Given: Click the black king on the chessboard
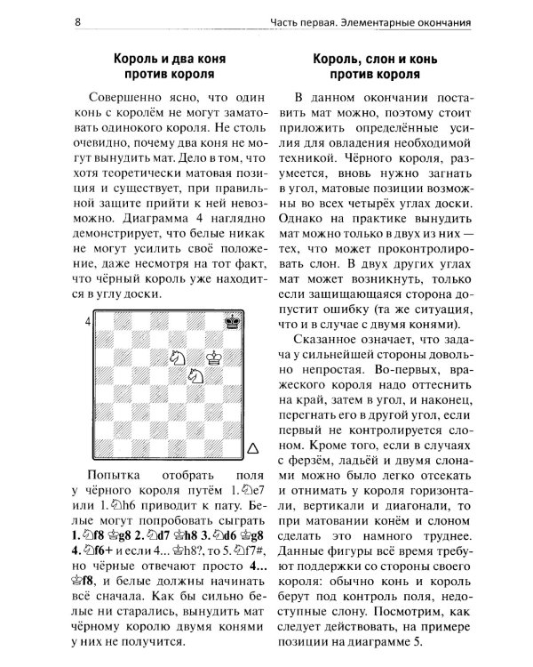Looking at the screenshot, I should [x=232, y=322].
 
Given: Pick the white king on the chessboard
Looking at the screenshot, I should [x=213, y=358].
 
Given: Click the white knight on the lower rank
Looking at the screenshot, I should [x=195, y=376].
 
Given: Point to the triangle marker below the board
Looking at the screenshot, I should [x=252, y=447].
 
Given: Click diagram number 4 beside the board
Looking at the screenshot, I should [x=89, y=321].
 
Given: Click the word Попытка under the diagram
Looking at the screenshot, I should [x=119, y=470].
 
